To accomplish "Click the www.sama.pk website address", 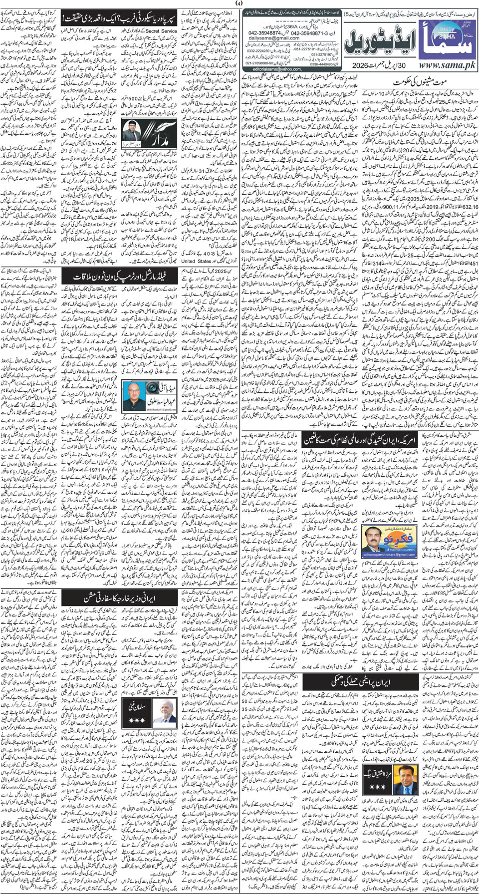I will point(440,65).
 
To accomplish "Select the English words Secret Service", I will point(161,31).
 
